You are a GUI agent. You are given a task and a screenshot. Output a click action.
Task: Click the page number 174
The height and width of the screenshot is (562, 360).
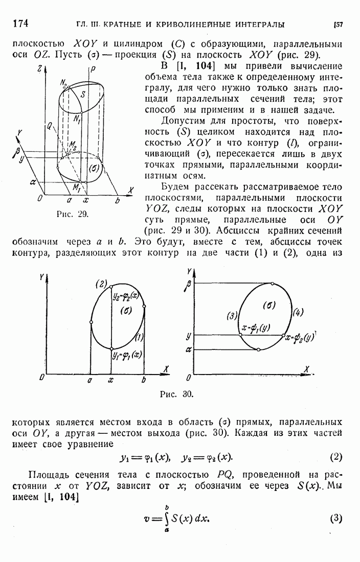click(19, 24)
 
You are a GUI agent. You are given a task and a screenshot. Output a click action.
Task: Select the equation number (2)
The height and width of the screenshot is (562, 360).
click(336, 456)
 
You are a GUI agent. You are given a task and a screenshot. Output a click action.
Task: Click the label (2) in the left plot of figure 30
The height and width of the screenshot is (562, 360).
click(100, 284)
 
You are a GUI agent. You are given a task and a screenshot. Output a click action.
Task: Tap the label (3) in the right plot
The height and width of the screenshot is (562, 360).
click(232, 316)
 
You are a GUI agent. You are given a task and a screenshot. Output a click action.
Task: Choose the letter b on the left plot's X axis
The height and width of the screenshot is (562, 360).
click(144, 380)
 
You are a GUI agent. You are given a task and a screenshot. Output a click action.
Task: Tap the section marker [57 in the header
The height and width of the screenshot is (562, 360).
click(337, 24)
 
